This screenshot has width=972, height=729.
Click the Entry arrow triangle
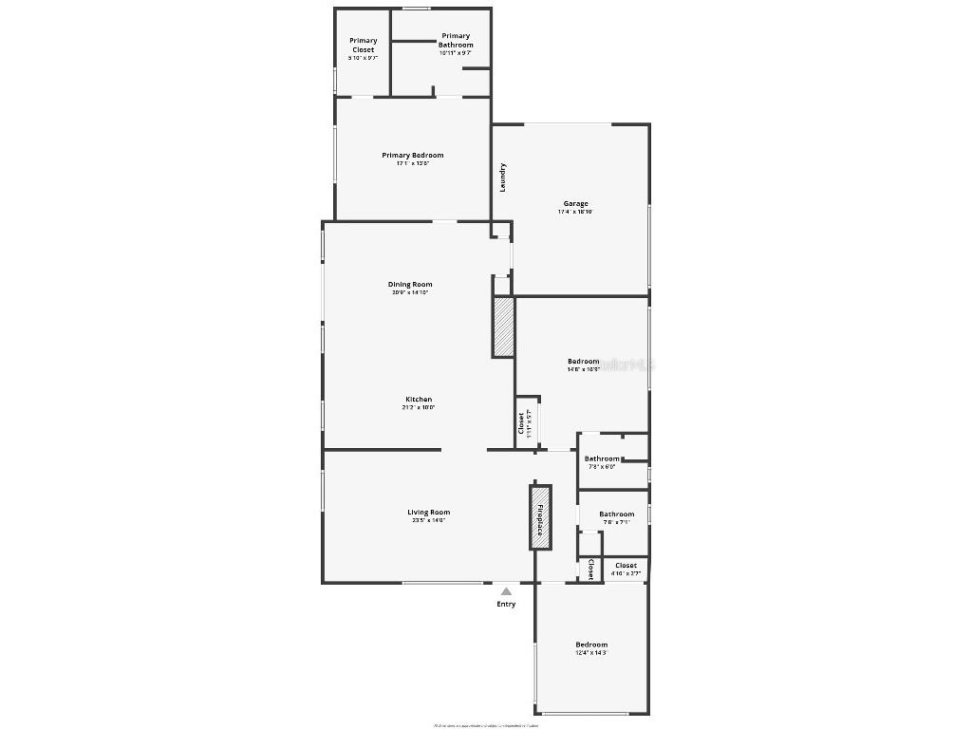(506, 591)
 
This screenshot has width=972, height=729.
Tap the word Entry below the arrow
(506, 604)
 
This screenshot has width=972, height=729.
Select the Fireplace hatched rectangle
(540, 517)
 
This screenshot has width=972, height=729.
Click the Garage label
(575, 203)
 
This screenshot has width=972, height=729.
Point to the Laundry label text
(502, 178)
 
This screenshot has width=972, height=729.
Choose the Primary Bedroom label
(412, 156)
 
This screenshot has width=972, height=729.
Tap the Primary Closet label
(363, 45)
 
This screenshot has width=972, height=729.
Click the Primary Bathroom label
(456, 41)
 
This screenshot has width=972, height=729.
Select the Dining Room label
(410, 284)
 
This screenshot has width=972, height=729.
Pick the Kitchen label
(419, 400)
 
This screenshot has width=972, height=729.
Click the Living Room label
(429, 513)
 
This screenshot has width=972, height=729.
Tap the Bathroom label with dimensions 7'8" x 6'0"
(602, 458)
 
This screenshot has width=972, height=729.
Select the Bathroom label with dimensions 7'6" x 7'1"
(616, 514)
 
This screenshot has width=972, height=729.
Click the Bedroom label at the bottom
(590, 645)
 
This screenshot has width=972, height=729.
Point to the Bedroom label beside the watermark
(583, 361)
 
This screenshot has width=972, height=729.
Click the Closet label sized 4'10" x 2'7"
(626, 565)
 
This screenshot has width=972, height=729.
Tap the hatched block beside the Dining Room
(503, 327)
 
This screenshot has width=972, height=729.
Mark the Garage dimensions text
(575, 212)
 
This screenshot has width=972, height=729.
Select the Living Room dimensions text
(429, 520)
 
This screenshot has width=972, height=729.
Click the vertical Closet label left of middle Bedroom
(521, 421)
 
